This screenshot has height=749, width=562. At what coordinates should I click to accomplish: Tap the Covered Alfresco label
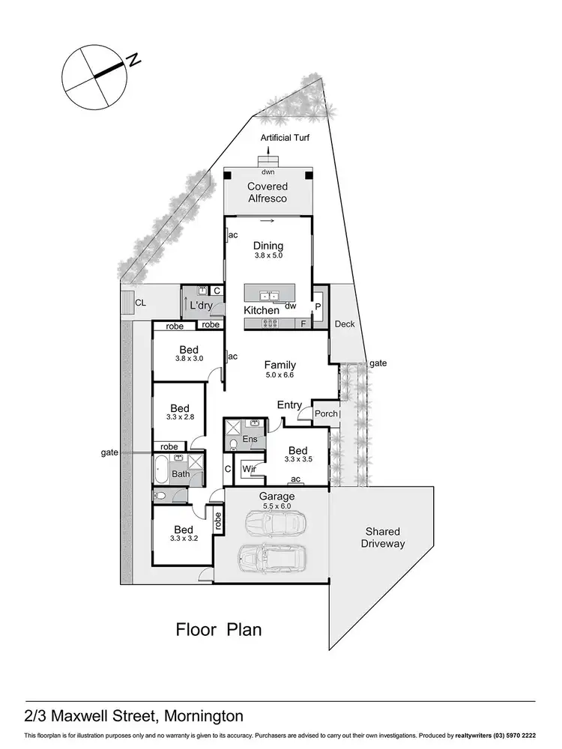268,192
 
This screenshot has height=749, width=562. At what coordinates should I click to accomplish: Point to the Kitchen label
262,309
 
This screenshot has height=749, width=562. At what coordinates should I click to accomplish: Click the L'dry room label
201,306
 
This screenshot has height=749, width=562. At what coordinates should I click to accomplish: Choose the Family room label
280,365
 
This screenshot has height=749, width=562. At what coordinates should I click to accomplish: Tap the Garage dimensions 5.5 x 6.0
277,506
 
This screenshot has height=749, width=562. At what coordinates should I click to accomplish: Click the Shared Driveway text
383,537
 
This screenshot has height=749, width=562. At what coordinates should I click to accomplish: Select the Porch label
325,414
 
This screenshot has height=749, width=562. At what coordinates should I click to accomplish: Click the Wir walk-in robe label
247,470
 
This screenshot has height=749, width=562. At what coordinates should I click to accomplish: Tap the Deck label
345,324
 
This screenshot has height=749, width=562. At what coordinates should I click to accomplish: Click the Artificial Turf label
284,138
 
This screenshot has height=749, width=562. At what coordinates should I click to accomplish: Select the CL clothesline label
139,303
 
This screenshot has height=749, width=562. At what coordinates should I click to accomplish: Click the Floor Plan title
219,629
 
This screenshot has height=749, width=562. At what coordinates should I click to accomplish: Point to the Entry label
289,405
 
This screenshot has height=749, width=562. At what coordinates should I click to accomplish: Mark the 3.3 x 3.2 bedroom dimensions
183,538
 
